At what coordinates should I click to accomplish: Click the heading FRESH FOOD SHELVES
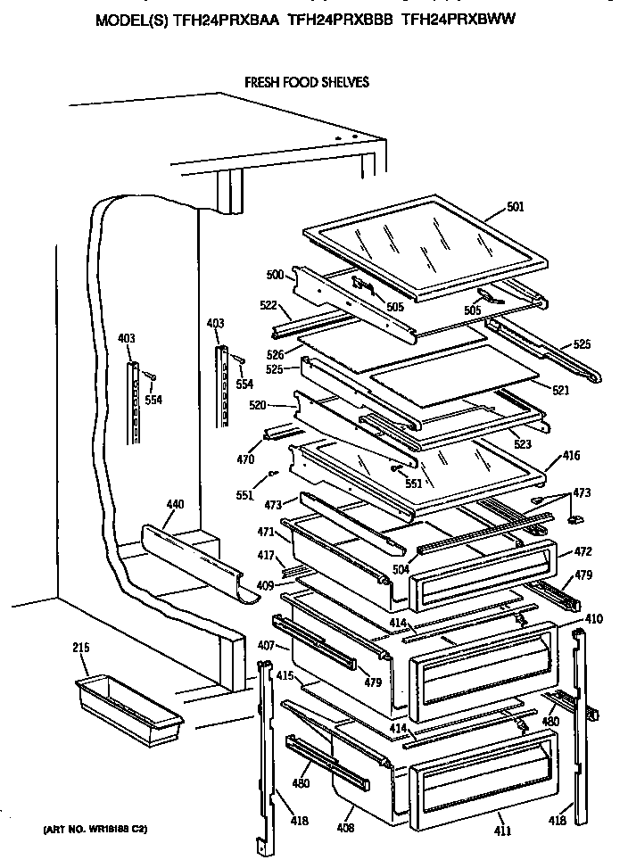(306, 82)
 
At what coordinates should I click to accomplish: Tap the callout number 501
(515, 208)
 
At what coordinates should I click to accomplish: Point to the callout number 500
(275, 275)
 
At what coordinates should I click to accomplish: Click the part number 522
(269, 306)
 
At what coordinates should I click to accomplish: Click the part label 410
(593, 617)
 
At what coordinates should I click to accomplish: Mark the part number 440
(176, 505)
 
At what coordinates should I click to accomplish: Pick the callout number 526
(274, 354)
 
